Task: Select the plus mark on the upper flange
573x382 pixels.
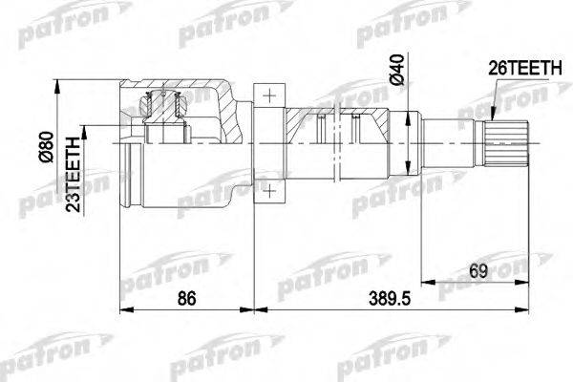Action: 271,95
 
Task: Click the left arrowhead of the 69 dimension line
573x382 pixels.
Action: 426,282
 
